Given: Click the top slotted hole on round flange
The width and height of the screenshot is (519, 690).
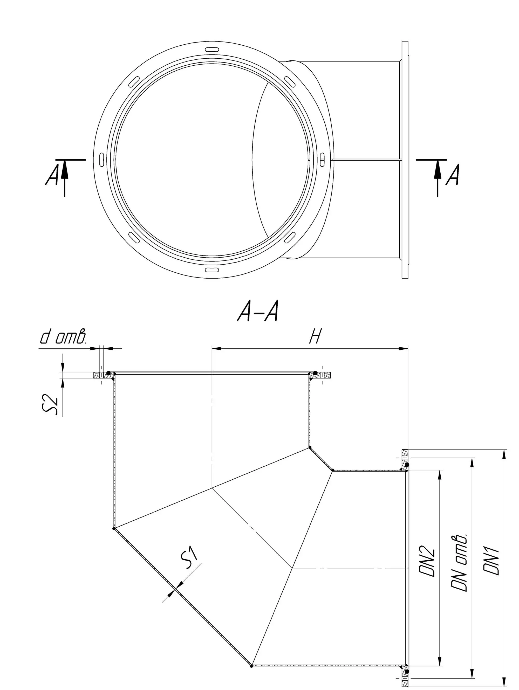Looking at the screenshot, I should pyautogui.click(x=212, y=49).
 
